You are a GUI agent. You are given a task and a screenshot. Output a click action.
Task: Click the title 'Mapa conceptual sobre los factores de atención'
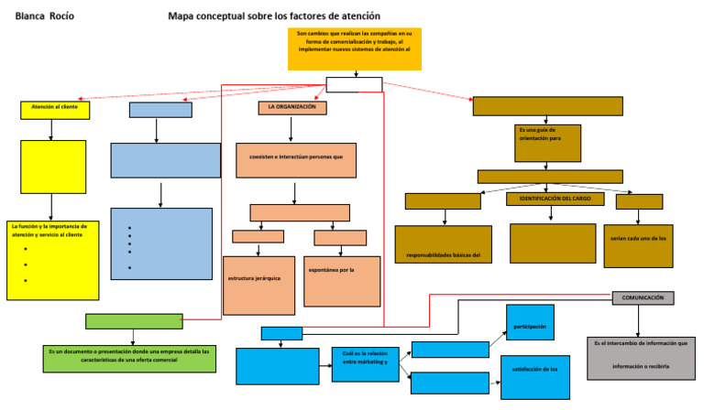click(274, 16)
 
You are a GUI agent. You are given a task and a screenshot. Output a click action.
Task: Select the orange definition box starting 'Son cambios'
click(354, 49)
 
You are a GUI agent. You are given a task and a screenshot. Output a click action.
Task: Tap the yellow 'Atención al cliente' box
click(55, 110)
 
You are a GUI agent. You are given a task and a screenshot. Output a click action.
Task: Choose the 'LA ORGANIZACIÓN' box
click(292, 108)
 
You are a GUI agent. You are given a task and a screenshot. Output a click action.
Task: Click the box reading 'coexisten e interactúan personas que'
click(296, 158)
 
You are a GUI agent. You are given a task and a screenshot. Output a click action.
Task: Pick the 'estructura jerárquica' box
click(258, 285)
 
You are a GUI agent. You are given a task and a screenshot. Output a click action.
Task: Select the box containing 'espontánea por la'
click(341, 280)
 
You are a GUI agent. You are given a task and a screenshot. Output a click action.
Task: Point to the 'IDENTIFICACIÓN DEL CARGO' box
click(555, 199)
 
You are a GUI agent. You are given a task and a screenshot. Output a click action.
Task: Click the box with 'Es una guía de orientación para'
click(548, 142)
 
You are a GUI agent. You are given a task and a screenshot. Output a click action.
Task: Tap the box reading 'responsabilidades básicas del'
click(444, 243)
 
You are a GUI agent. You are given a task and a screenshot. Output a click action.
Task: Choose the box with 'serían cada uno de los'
click(638, 245)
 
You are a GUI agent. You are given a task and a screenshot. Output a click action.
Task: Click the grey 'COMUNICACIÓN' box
click(643, 297)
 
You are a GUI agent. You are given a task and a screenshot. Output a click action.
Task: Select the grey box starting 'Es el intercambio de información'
click(641, 357)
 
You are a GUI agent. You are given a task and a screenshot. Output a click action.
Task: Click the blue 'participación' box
click(530, 327)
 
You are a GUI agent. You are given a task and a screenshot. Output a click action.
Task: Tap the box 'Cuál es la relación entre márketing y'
click(365, 363)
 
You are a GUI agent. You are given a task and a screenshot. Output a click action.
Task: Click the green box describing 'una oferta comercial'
click(130, 358)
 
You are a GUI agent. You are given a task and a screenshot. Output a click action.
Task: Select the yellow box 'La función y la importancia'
click(52, 260)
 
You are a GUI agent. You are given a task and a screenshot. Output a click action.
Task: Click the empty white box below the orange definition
click(354, 85)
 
